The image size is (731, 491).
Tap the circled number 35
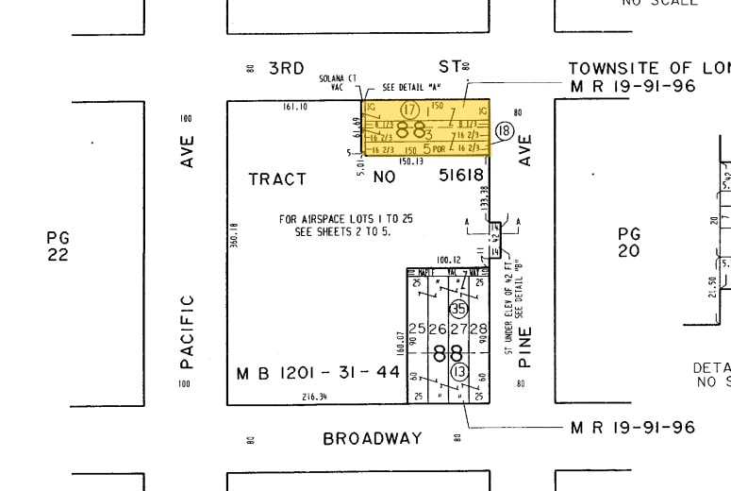[459, 309]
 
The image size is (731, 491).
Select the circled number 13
[460, 373]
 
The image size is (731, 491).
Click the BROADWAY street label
[373, 438]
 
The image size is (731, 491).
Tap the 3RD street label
[287, 67]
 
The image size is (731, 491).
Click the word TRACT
[277, 178]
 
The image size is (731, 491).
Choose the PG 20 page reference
[629, 242]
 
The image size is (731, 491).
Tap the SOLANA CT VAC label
[338, 81]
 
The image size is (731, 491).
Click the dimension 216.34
[314, 397]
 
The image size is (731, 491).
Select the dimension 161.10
[296, 107]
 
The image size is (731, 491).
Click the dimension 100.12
[448, 260]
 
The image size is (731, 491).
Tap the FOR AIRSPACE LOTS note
[346, 225]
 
